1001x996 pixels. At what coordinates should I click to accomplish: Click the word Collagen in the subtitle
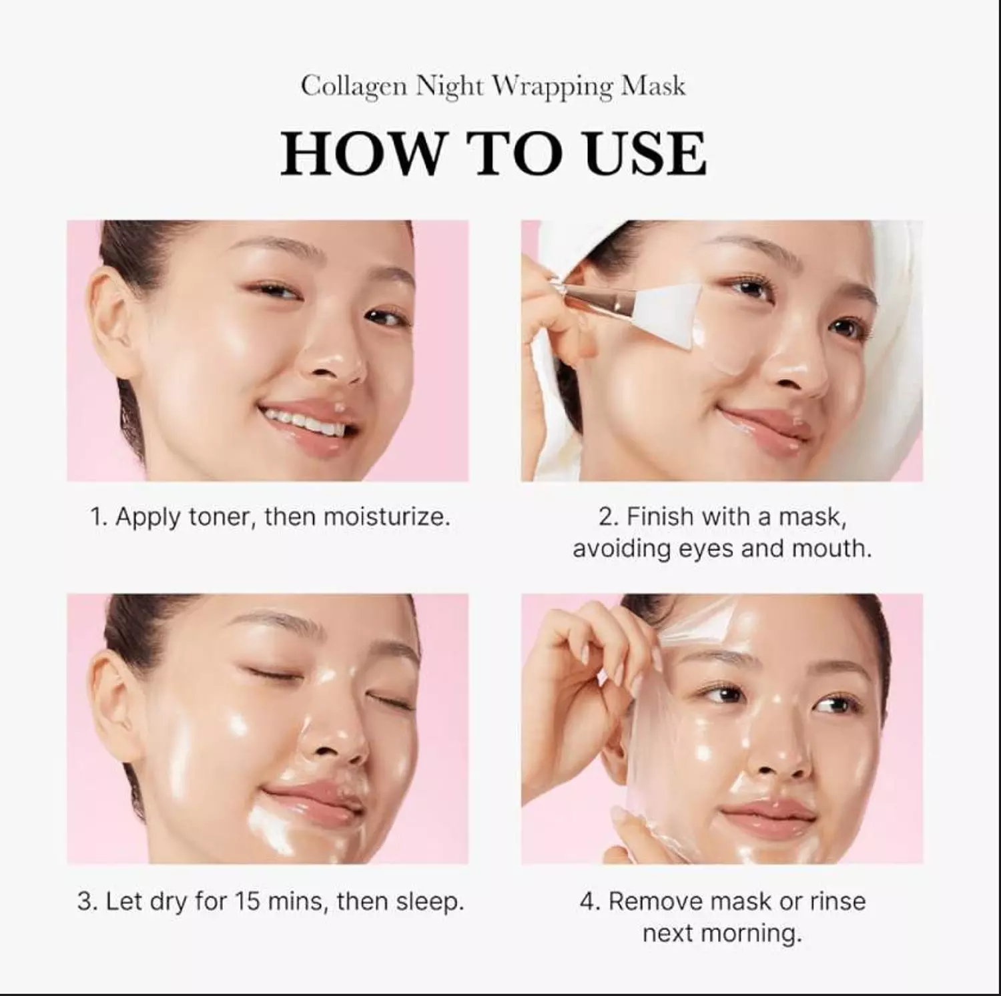tap(353, 87)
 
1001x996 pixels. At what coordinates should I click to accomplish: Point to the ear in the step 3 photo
tap(110, 694)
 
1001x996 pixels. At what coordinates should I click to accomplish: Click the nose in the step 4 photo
tap(774, 754)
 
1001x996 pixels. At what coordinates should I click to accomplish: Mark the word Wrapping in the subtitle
tap(553, 87)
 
